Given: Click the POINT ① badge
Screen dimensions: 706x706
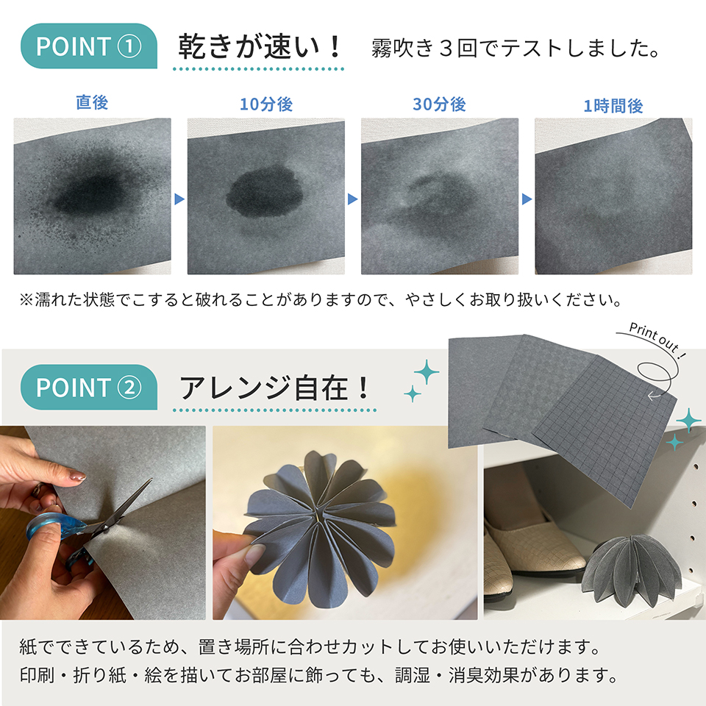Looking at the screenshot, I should (x=88, y=46).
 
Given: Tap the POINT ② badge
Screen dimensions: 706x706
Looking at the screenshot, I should (x=88, y=387).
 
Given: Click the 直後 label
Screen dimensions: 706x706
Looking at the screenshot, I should (x=92, y=103).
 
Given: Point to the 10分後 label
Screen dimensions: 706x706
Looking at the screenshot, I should (x=266, y=104).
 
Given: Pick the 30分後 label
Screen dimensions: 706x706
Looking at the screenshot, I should (x=439, y=104).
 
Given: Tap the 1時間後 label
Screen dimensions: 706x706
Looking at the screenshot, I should (x=613, y=106).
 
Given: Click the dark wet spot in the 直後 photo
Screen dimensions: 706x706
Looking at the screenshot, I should (x=88, y=193).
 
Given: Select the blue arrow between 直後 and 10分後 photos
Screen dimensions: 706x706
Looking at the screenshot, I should (x=179, y=199).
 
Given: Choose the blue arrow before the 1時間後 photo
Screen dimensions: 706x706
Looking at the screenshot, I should (x=526, y=199).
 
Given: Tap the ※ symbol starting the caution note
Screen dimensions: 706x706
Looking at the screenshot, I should (x=26, y=301).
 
